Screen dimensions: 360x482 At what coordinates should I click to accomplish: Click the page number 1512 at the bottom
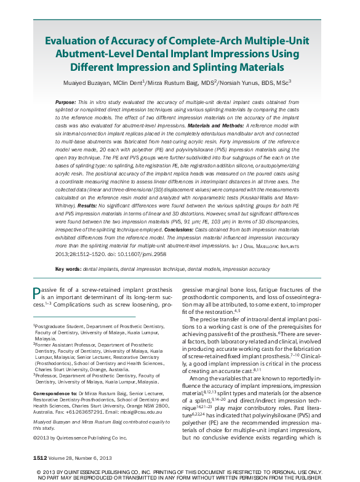(x=41, y=459)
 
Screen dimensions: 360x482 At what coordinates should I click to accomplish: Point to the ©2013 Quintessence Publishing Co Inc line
(x=79, y=438)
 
